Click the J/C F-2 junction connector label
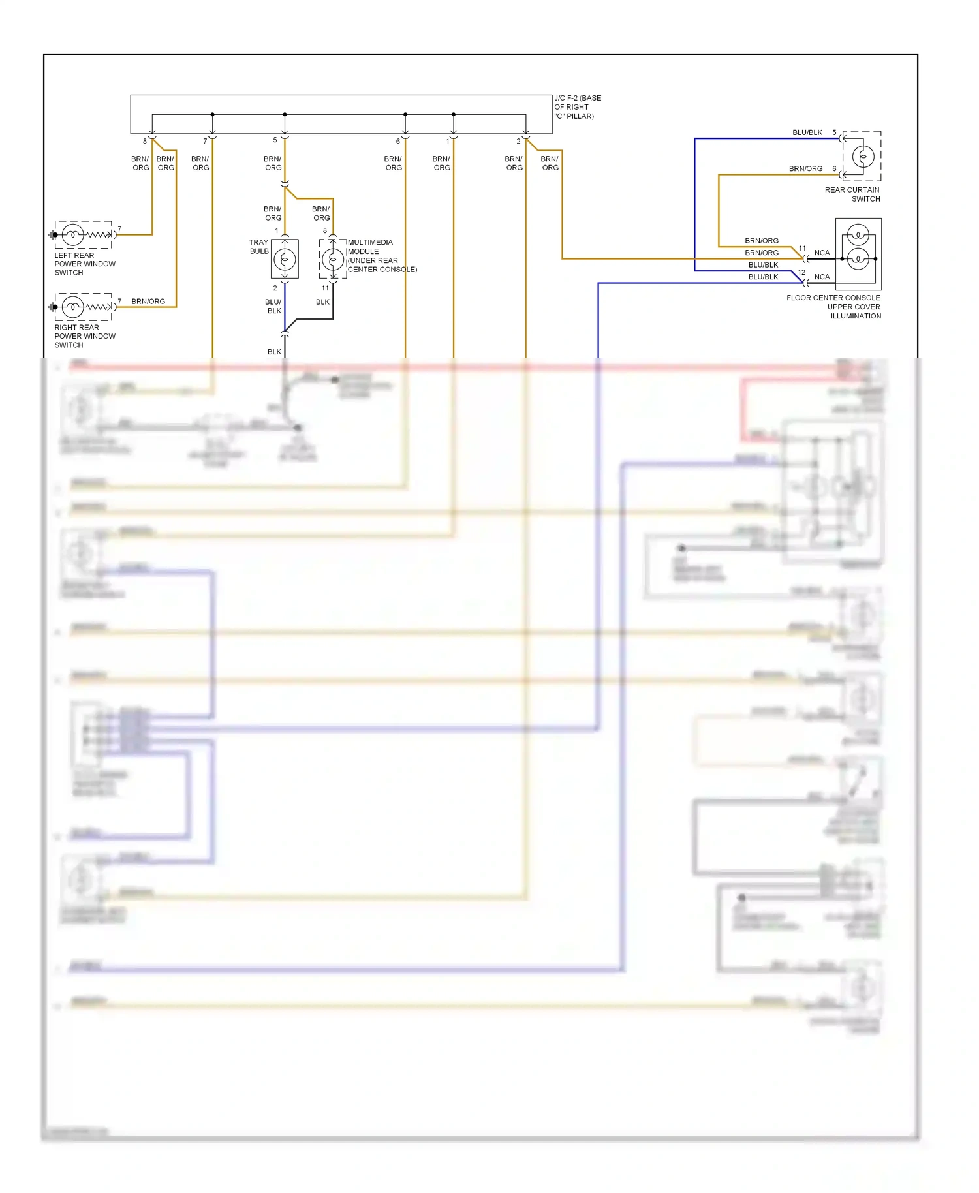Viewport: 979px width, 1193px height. [577, 107]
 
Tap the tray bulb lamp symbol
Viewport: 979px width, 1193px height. [285, 259]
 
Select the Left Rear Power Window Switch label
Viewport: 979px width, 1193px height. [84, 264]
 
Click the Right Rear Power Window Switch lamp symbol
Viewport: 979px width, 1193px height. [72, 307]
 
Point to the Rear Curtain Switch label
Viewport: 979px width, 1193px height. [852, 194]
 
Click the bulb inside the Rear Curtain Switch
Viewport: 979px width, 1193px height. [863, 157]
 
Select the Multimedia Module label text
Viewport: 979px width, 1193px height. [381, 256]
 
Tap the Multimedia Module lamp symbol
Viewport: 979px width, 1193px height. [333, 259]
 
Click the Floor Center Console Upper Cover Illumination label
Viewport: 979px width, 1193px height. [833, 307]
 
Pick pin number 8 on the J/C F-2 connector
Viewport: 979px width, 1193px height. [145, 141]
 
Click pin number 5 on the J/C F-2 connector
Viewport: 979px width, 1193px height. [275, 140]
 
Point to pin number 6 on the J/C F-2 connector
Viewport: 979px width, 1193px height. [397, 141]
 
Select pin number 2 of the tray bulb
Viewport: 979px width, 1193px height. [275, 288]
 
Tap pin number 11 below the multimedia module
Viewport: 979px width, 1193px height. [325, 288]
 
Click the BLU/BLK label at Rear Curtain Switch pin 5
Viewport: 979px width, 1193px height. [807, 132]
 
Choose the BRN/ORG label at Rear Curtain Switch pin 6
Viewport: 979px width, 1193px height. [805, 168]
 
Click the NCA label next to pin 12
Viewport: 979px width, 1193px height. [822, 277]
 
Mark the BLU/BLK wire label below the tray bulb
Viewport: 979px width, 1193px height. [273, 307]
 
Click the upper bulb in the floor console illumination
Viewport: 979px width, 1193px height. [858, 234]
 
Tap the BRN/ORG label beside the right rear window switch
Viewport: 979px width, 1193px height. [148, 302]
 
